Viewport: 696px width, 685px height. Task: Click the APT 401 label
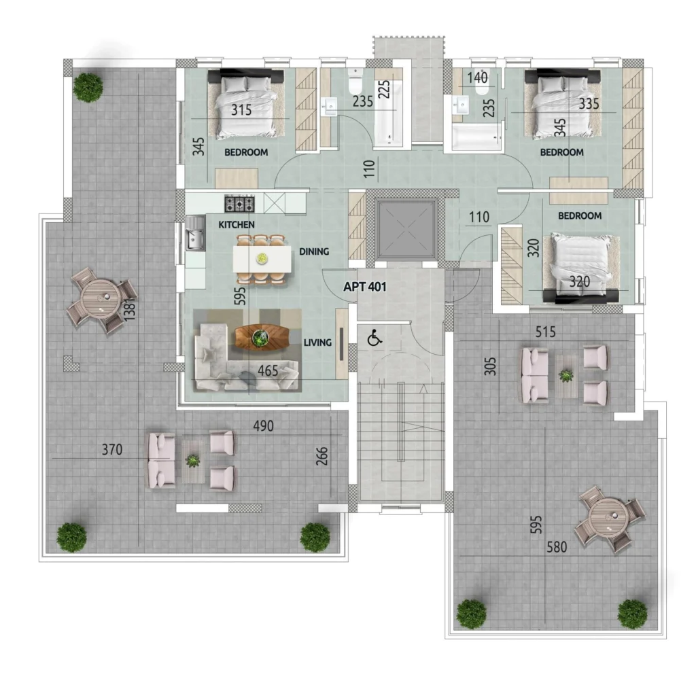(365, 287)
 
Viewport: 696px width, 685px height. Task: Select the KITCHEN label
(237, 225)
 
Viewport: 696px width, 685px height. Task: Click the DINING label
(314, 251)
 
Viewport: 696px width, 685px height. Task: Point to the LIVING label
(318, 342)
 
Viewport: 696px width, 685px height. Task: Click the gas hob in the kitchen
(239, 204)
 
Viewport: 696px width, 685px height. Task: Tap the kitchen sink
(195, 232)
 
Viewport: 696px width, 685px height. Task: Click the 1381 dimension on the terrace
(130, 306)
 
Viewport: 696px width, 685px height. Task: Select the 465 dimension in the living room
(268, 370)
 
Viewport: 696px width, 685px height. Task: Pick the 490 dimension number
(263, 426)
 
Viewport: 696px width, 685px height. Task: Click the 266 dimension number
(321, 455)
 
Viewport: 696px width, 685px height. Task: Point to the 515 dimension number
(546, 332)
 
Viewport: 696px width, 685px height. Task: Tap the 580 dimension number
(557, 547)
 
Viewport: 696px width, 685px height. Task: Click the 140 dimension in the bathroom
(478, 77)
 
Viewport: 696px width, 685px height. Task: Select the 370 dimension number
(112, 449)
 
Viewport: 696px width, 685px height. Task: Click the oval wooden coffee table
(259, 337)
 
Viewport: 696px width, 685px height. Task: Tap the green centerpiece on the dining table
(262, 258)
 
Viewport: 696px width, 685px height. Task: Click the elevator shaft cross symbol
(406, 229)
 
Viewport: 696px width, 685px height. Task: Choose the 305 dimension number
(490, 367)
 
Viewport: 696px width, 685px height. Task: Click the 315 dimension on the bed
(241, 109)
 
